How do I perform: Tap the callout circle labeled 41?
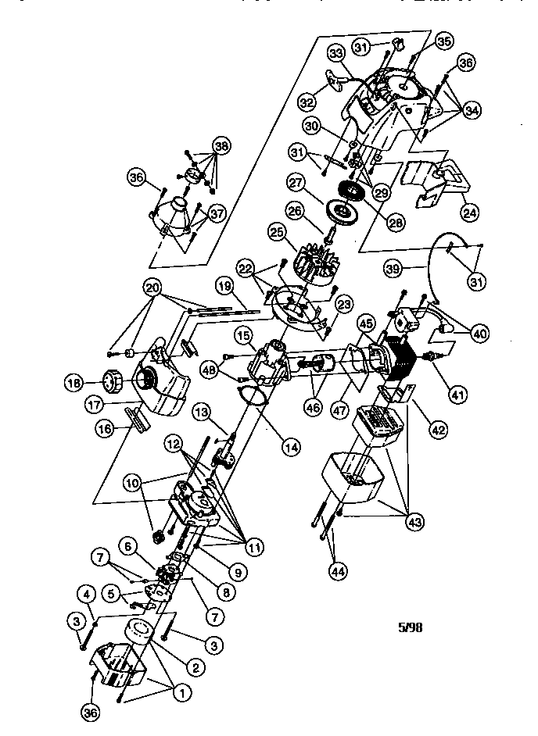click(x=457, y=395)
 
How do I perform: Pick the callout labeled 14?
click(x=291, y=448)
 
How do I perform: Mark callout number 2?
click(x=195, y=666)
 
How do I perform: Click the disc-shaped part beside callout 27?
click(x=341, y=211)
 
